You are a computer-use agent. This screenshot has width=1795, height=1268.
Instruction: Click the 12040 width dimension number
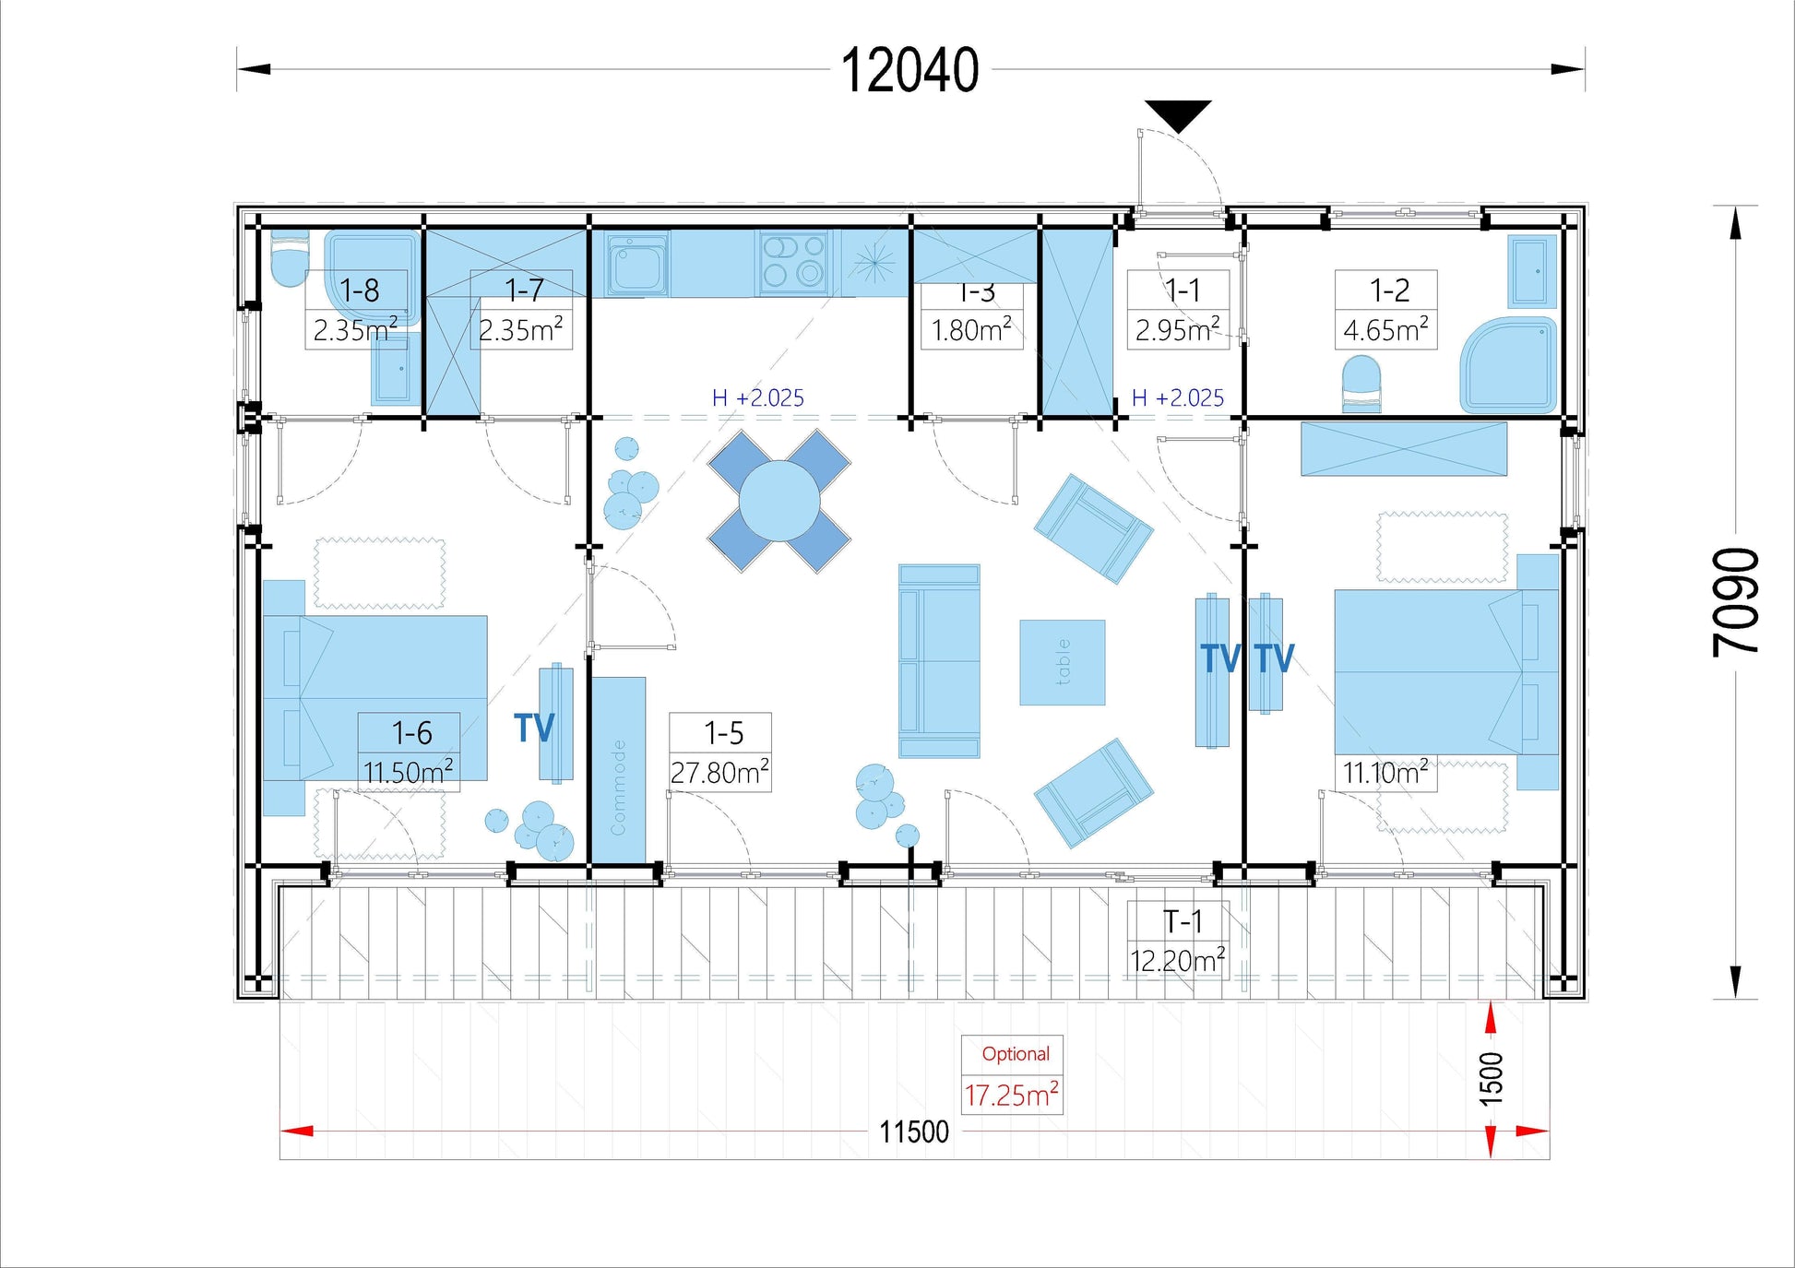click(909, 71)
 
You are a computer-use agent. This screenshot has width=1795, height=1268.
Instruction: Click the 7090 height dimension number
click(1736, 602)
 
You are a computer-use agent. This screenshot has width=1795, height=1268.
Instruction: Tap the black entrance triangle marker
click(1178, 114)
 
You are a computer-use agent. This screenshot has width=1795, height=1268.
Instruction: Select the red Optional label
click(1015, 1054)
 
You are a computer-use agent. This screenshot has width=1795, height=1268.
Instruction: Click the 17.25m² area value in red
click(1011, 1096)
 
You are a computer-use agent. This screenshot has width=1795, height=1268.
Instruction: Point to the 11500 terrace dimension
click(913, 1132)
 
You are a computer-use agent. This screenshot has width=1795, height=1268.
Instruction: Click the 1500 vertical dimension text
click(1491, 1079)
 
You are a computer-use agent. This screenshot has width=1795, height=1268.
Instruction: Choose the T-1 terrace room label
click(1182, 921)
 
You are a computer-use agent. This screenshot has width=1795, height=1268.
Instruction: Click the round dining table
click(779, 501)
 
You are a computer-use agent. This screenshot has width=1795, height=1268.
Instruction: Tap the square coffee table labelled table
click(1062, 662)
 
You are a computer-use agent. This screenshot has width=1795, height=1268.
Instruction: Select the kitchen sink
click(636, 264)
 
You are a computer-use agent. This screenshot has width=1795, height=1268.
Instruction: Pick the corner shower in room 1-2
click(1510, 365)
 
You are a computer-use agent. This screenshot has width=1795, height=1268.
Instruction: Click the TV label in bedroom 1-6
click(534, 728)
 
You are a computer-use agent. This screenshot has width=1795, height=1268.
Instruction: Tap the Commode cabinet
click(618, 770)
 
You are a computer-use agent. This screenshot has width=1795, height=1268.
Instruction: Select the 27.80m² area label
click(719, 773)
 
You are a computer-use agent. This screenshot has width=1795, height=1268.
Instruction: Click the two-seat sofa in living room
click(939, 660)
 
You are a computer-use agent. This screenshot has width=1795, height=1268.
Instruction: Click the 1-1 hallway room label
click(1182, 290)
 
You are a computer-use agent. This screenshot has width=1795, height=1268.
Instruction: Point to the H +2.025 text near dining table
click(757, 398)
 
